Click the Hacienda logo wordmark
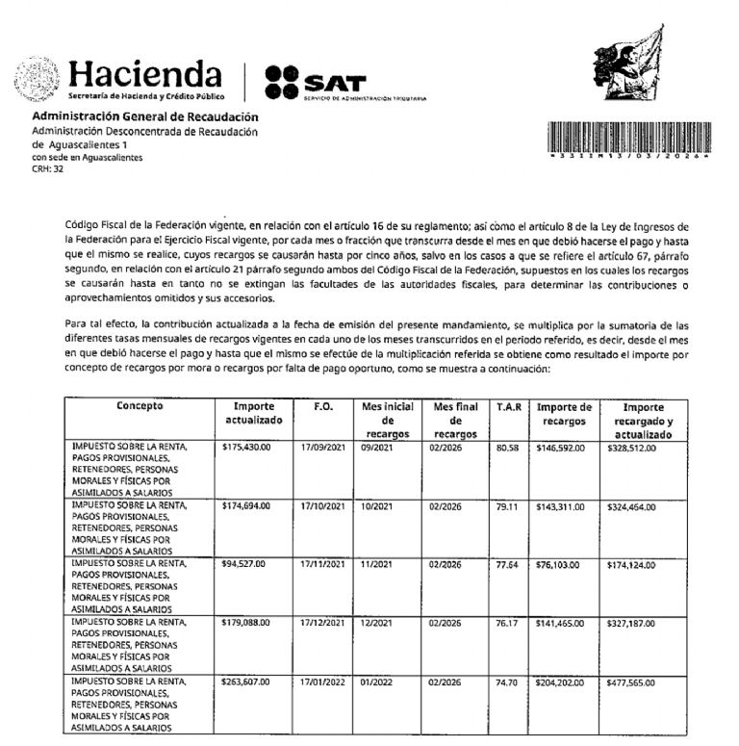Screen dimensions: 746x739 146,73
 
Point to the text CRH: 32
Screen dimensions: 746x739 47,168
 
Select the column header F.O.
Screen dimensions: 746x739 323,407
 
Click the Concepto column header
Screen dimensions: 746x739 140,406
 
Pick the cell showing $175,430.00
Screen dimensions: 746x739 246,448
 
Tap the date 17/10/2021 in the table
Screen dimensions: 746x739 321,506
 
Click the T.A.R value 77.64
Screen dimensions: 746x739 507,565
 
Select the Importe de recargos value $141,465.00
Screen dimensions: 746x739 561,624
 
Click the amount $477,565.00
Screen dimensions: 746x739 632,682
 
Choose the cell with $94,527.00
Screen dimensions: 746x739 244,565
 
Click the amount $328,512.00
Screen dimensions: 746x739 632,448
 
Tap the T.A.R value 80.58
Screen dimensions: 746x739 507,448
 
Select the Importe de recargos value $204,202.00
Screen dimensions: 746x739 561,682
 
